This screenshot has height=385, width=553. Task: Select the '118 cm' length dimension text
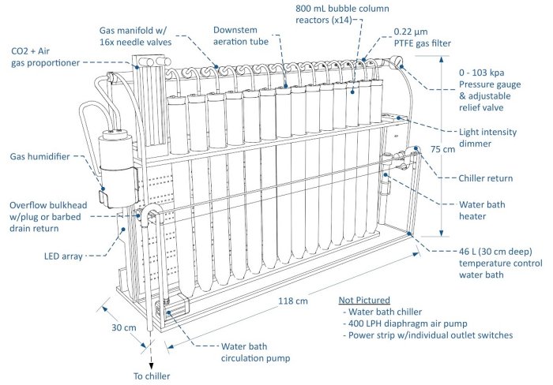294,300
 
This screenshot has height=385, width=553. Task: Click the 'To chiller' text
150,376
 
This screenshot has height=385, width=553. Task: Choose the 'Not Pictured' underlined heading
365,301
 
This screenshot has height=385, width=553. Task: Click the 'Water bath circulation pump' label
256,351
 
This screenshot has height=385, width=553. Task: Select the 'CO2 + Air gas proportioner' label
44,57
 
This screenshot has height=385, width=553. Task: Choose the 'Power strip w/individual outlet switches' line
427,335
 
